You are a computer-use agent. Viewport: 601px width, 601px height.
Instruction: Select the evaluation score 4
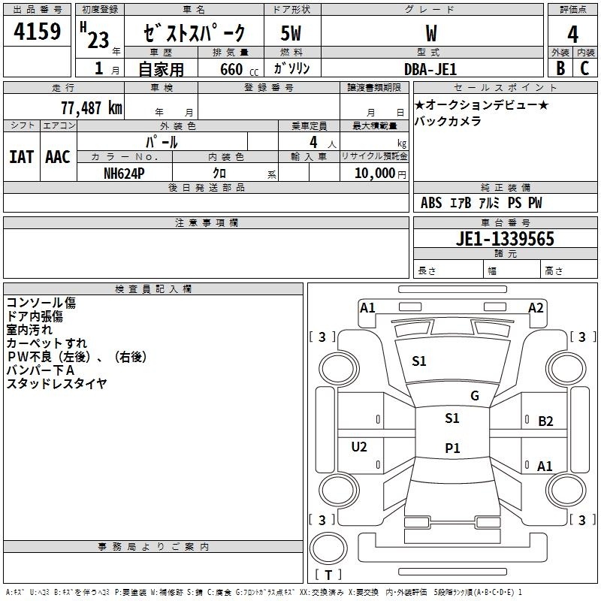(x=572, y=35)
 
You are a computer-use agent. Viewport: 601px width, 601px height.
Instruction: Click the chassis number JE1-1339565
(x=506, y=239)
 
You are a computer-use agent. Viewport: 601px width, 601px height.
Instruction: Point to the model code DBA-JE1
(x=430, y=68)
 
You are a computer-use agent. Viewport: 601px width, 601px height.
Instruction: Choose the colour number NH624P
(x=124, y=173)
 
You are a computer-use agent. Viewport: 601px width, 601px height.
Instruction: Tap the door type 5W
(x=291, y=34)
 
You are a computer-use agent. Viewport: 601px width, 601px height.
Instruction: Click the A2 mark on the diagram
(x=536, y=308)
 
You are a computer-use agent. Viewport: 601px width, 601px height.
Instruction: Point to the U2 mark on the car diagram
(x=359, y=447)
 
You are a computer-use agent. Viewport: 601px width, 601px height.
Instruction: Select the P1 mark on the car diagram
(x=452, y=448)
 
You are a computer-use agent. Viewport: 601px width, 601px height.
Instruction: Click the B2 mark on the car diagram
(x=545, y=421)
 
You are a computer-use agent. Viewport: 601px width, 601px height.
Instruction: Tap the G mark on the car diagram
(x=474, y=396)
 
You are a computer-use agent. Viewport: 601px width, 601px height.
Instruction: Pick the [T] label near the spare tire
(x=327, y=575)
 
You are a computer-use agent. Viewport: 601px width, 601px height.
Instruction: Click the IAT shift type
(x=21, y=157)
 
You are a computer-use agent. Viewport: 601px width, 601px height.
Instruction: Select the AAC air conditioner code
(x=57, y=157)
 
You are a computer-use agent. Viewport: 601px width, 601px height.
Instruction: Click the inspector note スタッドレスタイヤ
(x=56, y=384)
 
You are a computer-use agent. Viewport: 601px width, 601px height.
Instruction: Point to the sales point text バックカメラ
(x=448, y=121)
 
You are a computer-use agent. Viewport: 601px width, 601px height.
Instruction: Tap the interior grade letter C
(x=584, y=68)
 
